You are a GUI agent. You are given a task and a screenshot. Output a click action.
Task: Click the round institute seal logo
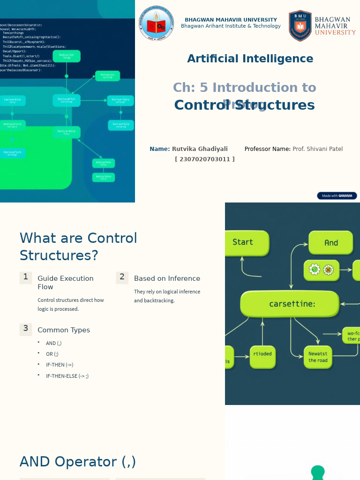click(156, 23)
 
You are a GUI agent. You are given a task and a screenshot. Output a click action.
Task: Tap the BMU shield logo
click(300, 26)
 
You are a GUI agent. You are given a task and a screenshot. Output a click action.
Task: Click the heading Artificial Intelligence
click(250, 59)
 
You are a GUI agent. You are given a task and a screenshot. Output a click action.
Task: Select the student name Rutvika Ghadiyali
click(200, 149)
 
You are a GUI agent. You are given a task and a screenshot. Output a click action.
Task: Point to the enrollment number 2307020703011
click(205, 159)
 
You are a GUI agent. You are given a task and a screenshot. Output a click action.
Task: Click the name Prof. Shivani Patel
click(317, 149)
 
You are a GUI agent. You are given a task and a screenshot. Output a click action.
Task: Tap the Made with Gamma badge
click(337, 196)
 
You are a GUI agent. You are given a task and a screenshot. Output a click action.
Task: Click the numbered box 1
click(26, 277)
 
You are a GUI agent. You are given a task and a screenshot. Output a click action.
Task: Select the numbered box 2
click(122, 277)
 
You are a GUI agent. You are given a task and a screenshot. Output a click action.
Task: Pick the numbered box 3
click(26, 329)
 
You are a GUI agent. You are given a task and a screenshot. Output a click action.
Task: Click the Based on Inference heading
click(167, 278)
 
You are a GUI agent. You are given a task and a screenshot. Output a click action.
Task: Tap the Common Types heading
click(64, 330)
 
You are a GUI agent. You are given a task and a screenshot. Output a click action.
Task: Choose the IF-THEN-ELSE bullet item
click(67, 376)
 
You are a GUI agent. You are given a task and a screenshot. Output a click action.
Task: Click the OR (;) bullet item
click(52, 354)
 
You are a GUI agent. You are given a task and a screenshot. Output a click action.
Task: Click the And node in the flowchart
click(330, 243)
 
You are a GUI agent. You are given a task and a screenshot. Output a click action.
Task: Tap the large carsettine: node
click(290, 304)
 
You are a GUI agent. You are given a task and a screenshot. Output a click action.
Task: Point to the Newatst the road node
click(318, 357)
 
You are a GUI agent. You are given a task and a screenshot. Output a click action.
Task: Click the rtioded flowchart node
click(262, 354)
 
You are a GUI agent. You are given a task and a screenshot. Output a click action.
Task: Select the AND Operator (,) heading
click(78, 462)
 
